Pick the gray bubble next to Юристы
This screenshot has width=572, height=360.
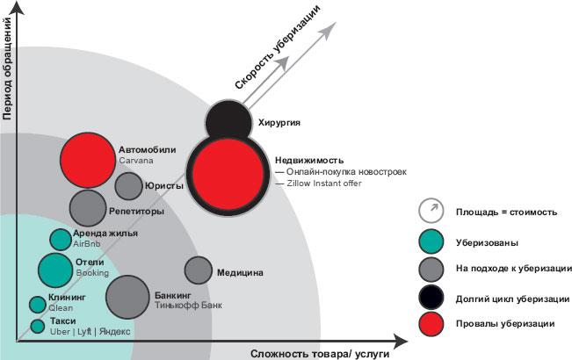[128, 186]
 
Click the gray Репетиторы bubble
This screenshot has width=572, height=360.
[88, 208]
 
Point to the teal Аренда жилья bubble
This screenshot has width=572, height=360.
[60, 239]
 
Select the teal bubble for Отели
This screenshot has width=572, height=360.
[55, 270]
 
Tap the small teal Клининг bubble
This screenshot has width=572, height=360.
[38, 305]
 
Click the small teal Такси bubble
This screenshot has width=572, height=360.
[38, 327]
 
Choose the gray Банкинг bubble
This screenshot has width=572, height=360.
[127, 295]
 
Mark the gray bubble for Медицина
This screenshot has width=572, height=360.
[199, 271]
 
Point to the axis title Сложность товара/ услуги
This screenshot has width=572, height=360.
[320, 352]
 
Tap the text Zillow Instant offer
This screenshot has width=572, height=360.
[323, 184]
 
